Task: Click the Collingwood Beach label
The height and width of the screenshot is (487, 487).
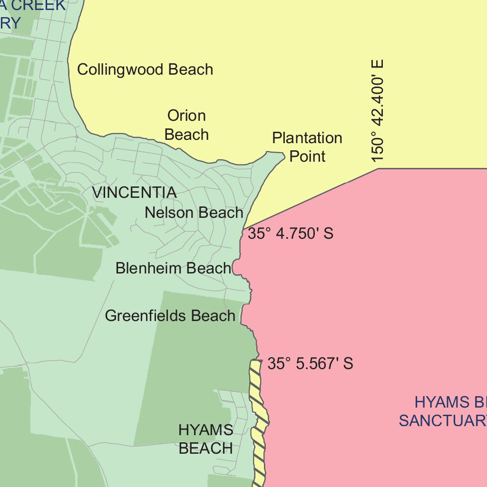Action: tap(145, 69)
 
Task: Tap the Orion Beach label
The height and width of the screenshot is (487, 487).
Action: tap(186, 125)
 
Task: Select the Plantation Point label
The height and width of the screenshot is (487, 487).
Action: tap(307, 147)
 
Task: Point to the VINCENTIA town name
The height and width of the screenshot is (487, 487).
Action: tap(134, 193)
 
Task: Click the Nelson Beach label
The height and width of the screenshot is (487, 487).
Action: tap(194, 213)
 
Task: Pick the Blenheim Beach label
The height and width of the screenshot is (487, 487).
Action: tap(173, 268)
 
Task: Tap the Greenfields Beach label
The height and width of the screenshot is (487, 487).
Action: tap(170, 316)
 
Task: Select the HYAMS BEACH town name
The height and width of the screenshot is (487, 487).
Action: tap(206, 439)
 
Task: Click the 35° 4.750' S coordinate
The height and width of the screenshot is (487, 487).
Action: tap(291, 234)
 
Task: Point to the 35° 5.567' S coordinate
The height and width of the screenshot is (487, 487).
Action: tap(310, 364)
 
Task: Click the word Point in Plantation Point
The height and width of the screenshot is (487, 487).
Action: tap(308, 156)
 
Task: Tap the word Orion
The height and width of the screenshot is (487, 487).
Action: tap(186, 116)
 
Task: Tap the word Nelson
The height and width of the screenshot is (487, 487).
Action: tap(167, 213)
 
